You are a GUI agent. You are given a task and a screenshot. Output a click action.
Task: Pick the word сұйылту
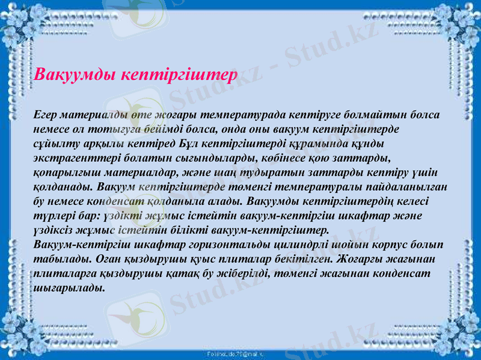click(53, 142)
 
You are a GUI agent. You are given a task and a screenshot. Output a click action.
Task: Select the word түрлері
click(53, 215)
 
